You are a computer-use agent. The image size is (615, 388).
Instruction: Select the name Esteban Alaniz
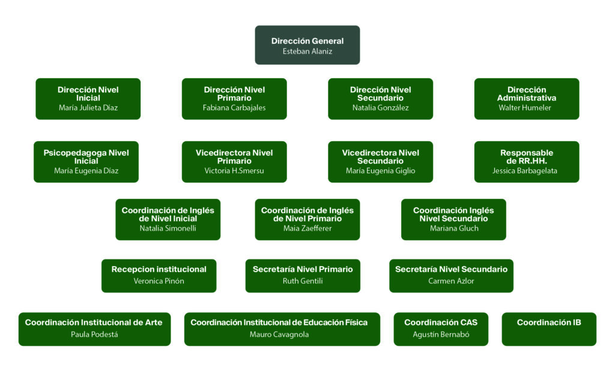(307, 52)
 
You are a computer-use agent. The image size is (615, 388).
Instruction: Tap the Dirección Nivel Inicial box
(88, 99)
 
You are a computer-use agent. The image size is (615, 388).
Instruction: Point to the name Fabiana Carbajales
(234, 108)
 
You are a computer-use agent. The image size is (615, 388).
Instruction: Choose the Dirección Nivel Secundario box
(380, 99)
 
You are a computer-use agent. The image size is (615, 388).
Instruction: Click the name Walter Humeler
(526, 108)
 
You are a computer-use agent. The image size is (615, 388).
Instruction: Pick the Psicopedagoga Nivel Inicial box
(86, 162)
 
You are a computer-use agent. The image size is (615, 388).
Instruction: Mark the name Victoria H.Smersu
(234, 171)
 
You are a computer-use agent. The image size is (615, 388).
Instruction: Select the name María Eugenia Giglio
(380, 171)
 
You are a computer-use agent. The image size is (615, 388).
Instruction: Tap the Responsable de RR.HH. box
(526, 162)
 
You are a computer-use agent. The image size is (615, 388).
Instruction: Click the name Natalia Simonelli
(168, 229)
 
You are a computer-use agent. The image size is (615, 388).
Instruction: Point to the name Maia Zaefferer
(307, 229)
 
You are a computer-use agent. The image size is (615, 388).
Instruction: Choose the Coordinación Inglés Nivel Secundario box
(453, 219)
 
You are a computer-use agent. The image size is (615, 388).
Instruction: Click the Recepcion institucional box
(159, 276)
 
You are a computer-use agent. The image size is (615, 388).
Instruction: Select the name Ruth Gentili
(303, 281)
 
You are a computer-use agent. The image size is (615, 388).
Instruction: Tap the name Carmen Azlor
(451, 281)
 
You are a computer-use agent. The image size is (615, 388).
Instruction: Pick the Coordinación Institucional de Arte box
(94, 329)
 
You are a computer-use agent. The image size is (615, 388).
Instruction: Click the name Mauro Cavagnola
(279, 335)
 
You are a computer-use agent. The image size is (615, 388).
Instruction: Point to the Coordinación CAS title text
(441, 323)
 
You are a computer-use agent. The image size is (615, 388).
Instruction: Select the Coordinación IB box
(549, 329)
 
